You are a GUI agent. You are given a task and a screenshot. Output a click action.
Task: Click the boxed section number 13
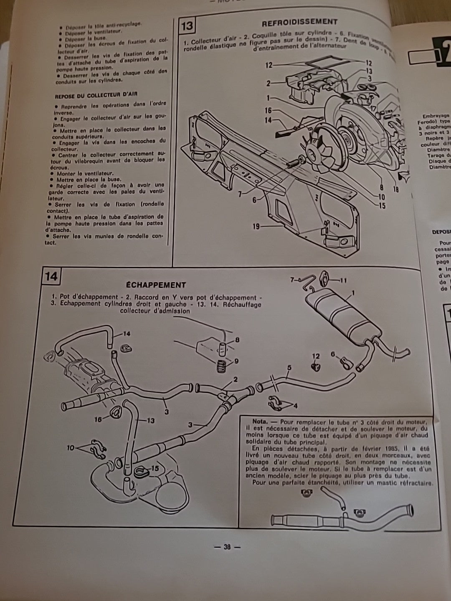187,25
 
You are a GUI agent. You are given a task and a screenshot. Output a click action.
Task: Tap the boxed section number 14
51,277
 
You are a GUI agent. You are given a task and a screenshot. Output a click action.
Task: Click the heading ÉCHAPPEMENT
156,285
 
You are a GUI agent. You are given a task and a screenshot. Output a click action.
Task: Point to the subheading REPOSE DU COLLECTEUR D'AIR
96,95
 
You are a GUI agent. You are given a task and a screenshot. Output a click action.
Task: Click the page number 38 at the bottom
227,547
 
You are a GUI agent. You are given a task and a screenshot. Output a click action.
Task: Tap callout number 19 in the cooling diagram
256,227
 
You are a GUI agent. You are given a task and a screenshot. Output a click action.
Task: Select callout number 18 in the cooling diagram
395,189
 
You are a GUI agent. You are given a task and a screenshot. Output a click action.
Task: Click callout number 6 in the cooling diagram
254,200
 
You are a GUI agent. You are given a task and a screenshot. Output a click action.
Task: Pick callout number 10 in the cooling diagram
382,197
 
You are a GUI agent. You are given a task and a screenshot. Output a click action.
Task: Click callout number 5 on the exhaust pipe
289,368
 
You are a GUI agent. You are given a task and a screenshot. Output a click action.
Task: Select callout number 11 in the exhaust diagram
343,280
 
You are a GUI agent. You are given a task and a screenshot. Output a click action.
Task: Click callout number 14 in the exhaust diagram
126,333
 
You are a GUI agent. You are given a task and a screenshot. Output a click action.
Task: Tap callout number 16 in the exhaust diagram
98,419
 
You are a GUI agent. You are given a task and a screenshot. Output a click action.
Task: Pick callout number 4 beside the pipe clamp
295,405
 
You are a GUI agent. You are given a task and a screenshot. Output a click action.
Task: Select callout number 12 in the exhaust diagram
316,356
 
